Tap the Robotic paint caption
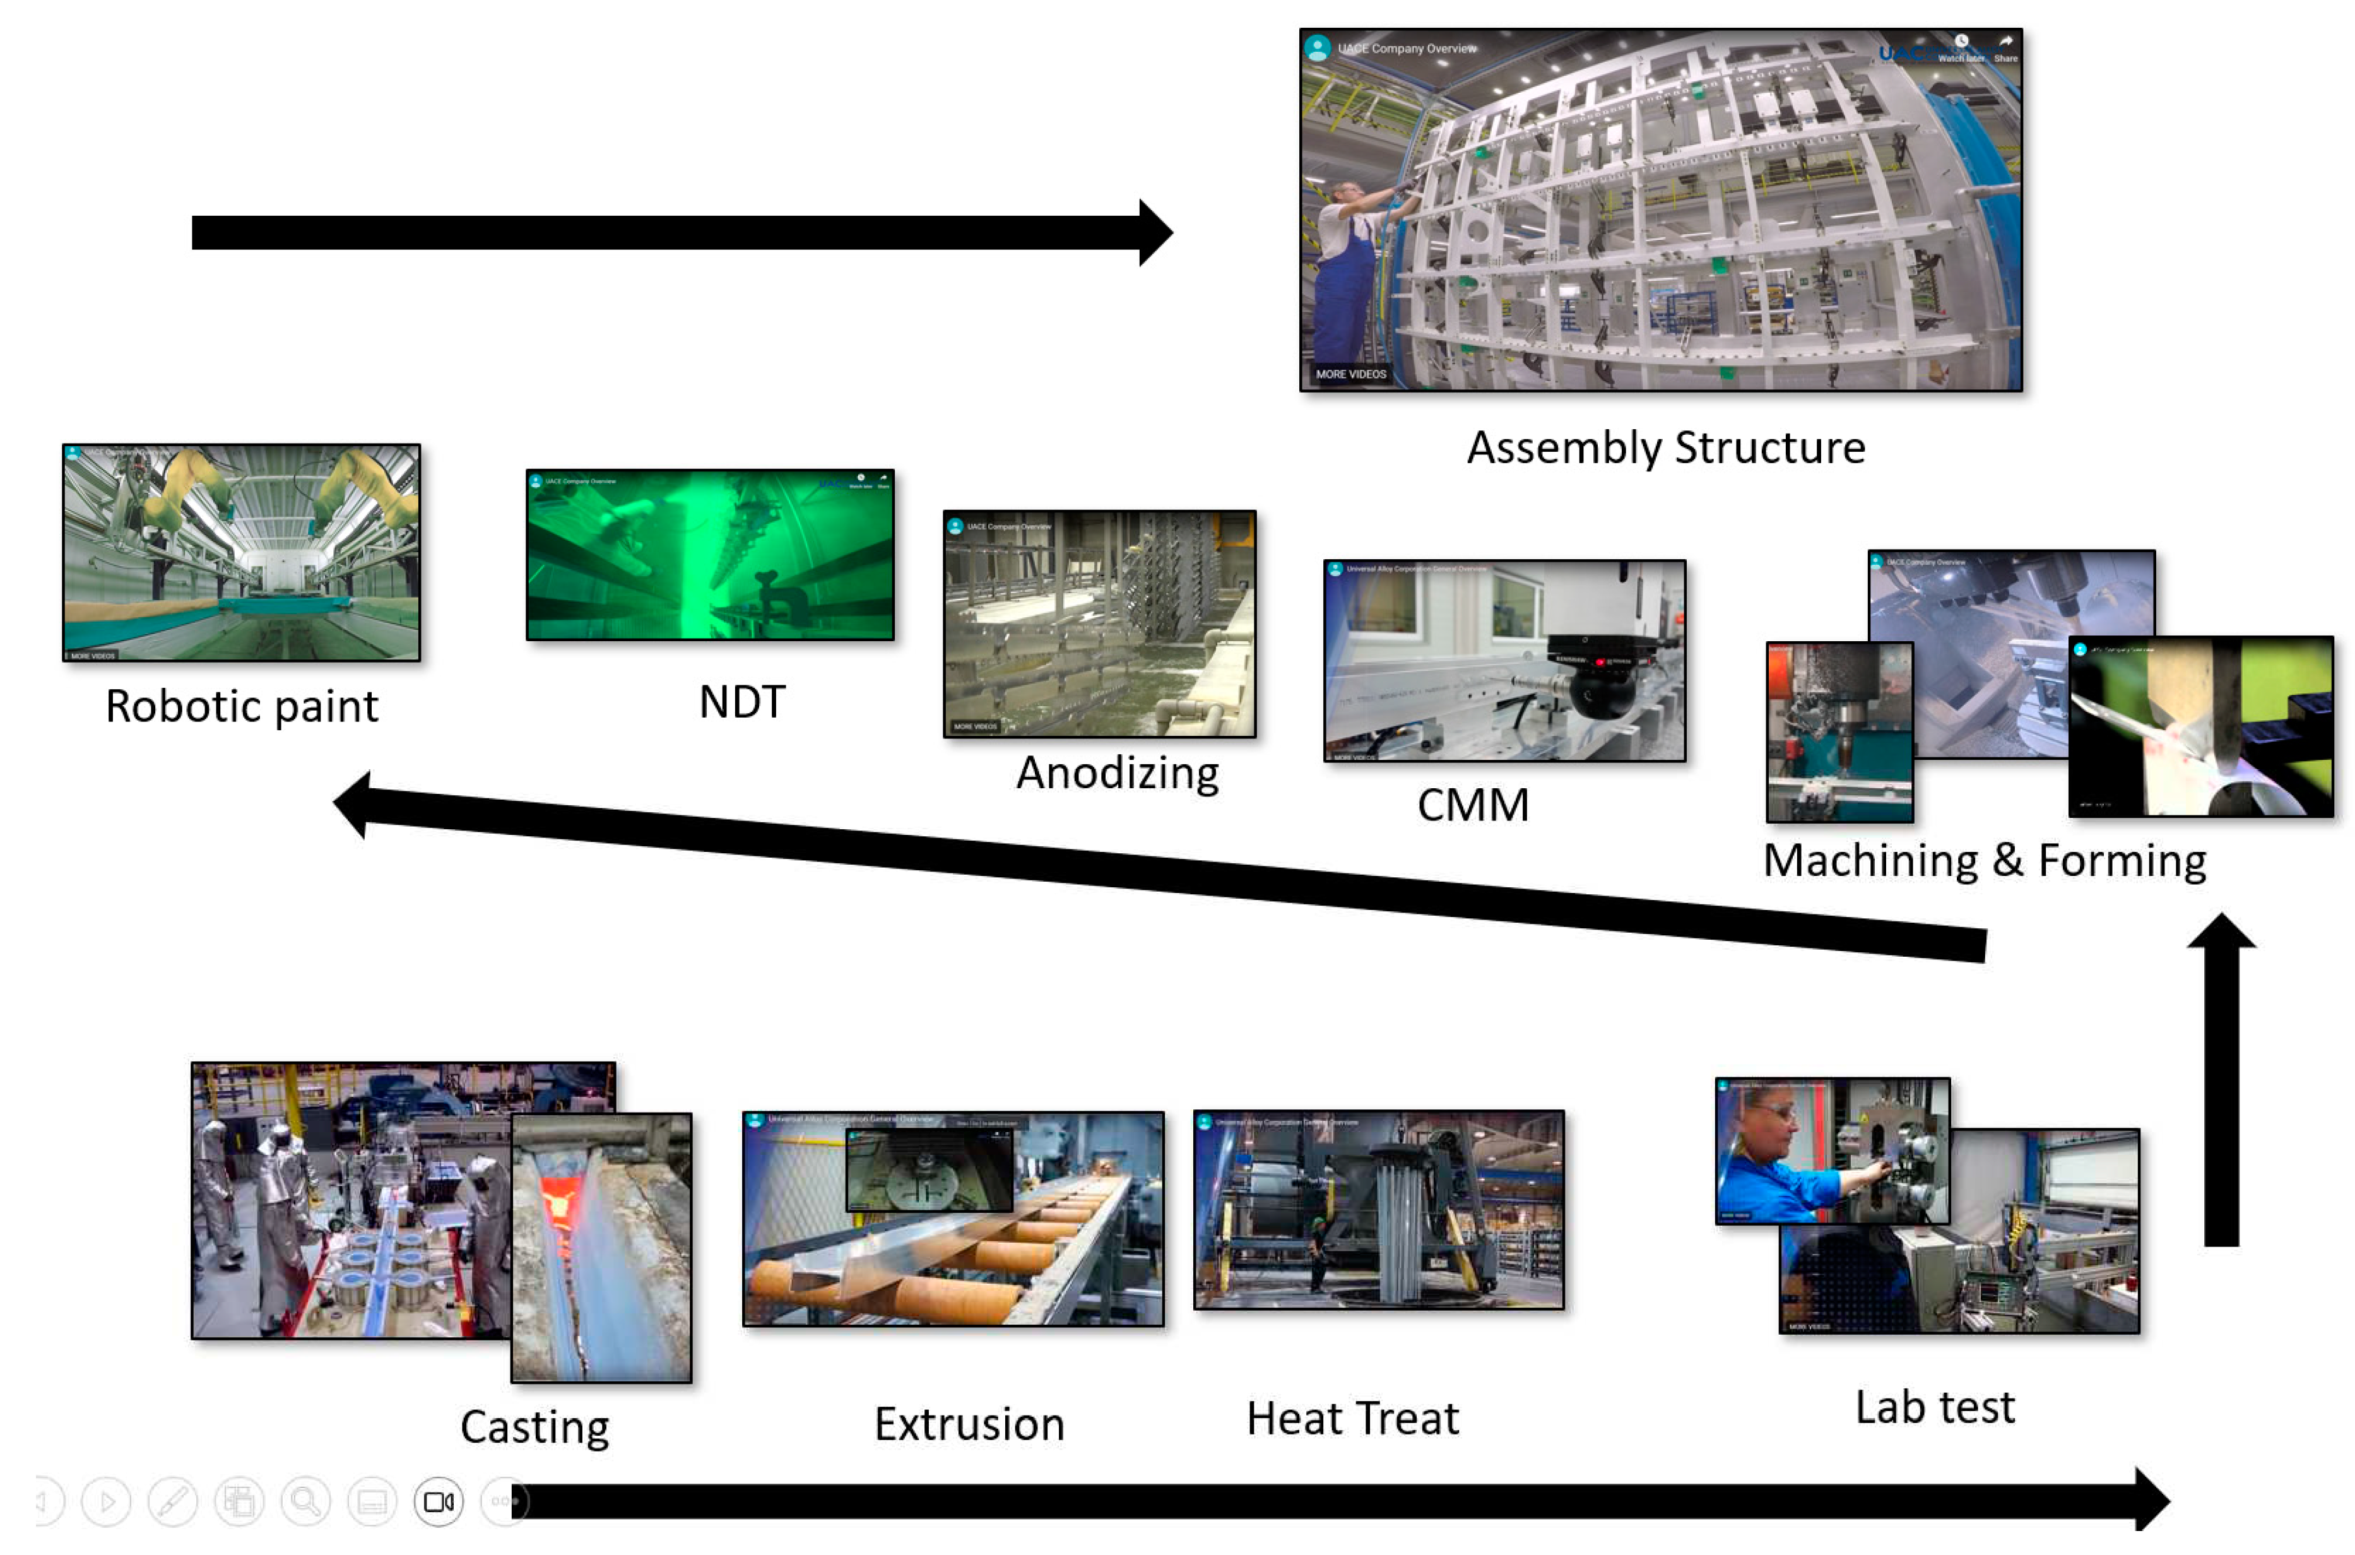[x=241, y=706]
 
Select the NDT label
[x=741, y=702]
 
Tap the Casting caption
[x=534, y=1427]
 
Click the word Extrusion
[x=969, y=1424]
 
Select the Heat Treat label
[x=1352, y=1418]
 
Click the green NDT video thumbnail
[x=709, y=555]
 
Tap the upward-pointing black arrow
[x=2221, y=1081]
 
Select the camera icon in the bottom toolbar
[x=439, y=1501]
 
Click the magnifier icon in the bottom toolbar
[x=305, y=1501]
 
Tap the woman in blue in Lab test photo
[x=1775, y=1165]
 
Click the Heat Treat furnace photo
[x=1378, y=1210]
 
